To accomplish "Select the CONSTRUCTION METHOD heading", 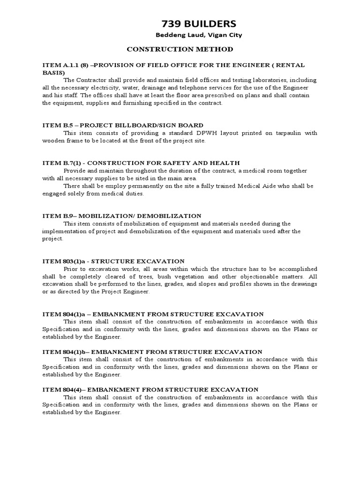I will tap(180, 49).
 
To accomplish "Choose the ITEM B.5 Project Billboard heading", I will tap(123, 125).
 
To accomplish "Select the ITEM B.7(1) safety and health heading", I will tap(141, 163).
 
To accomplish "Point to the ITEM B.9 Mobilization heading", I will tap(122, 216).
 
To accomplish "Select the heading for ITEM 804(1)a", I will tap(153, 314).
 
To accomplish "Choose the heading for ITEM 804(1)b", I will tap(152, 352).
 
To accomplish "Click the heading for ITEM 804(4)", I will tap(150, 389).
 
